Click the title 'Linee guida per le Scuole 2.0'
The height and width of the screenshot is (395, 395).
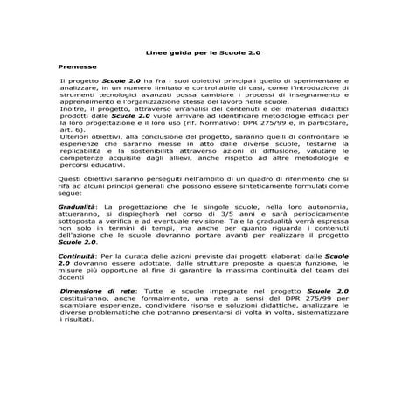coord(197,55)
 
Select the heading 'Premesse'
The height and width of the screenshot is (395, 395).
coord(76,66)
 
